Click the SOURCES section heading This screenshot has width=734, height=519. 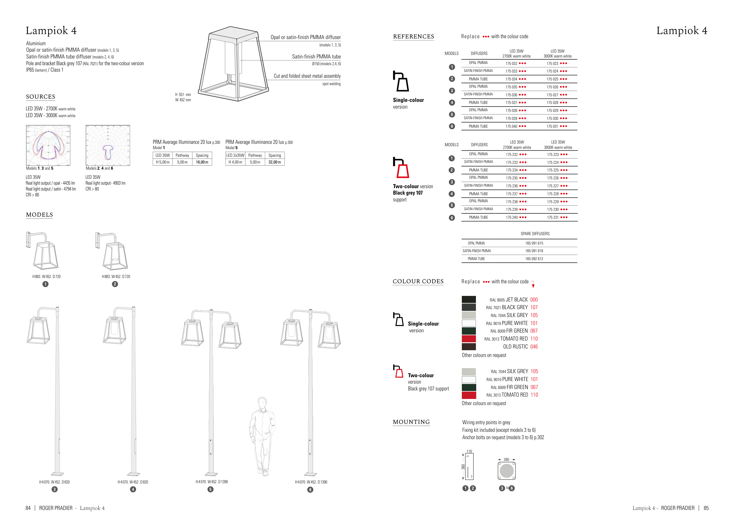pyautogui.click(x=41, y=97)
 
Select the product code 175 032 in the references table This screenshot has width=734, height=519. pyautogui.click(x=511, y=64)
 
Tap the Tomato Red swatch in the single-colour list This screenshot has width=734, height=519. pyautogui.click(x=469, y=339)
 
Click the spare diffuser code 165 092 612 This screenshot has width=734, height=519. pyautogui.click(x=534, y=259)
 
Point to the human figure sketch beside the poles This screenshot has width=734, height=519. pyautogui.click(x=262, y=436)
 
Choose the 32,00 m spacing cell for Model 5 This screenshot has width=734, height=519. pyautogui.click(x=275, y=162)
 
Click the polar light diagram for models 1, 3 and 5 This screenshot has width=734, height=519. pyautogui.click(x=48, y=145)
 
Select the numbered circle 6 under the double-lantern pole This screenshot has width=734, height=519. pyautogui.click(x=310, y=490)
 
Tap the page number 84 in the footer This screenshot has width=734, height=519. pyautogui.click(x=28, y=508)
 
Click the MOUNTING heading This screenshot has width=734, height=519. pyautogui.click(x=411, y=422)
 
